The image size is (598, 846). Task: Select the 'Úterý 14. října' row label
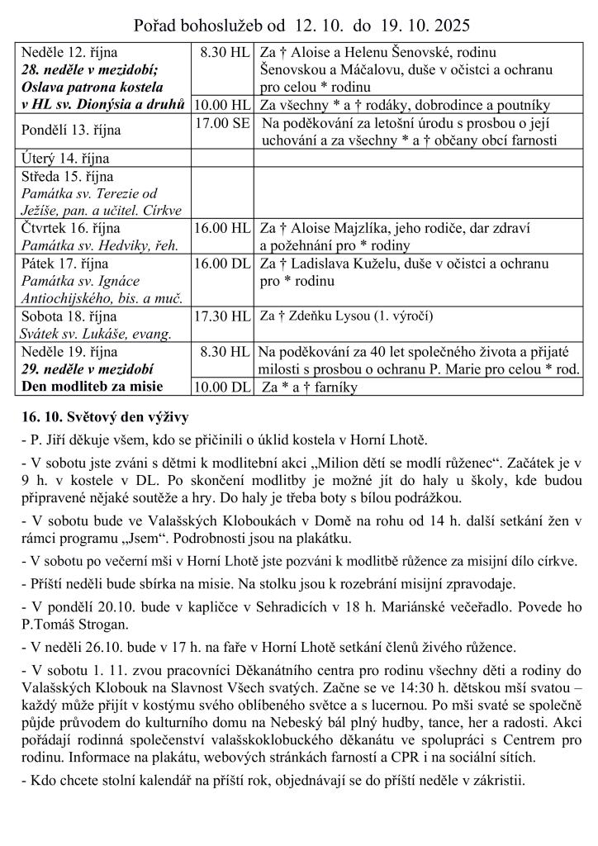[65, 158]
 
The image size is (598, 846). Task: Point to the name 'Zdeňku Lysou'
[325, 316]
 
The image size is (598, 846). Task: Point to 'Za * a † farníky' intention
[314, 387]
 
